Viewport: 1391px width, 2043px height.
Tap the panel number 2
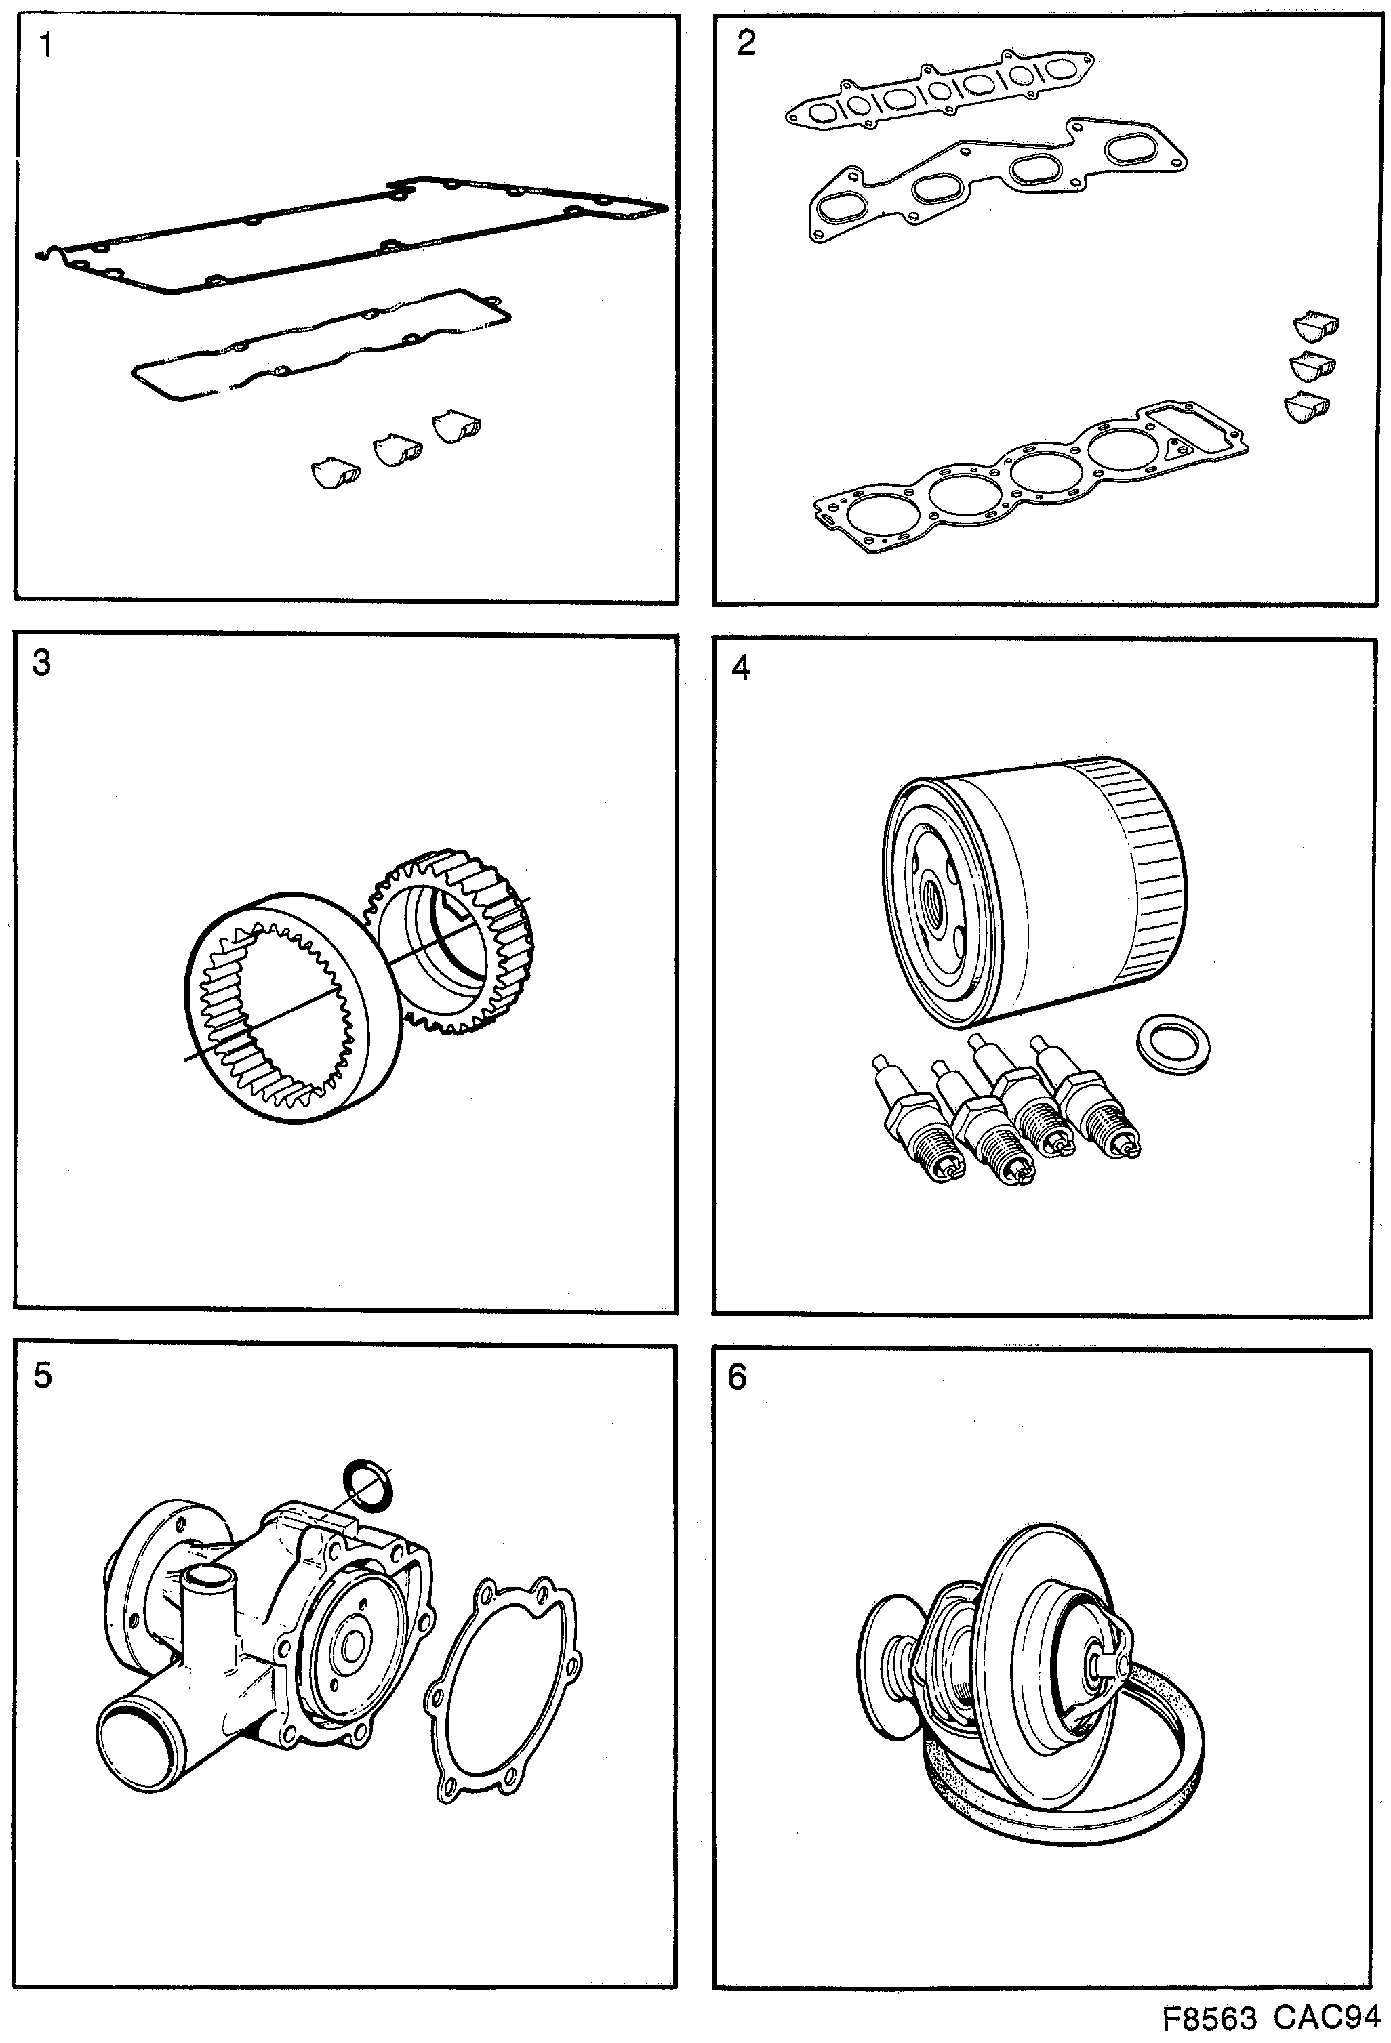click(746, 42)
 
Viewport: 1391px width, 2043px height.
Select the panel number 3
click(41, 663)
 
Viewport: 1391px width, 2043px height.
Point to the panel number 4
click(741, 668)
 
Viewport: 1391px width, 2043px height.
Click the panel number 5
click(42, 1375)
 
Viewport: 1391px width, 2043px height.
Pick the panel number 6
click(737, 1377)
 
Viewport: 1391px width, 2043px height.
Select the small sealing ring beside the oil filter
click(1173, 1044)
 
